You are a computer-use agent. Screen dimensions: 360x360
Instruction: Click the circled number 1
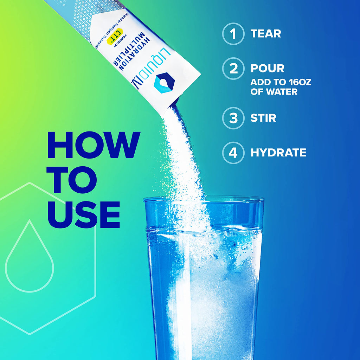pos(233,34)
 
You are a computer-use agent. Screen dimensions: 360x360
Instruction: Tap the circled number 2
pos(233,69)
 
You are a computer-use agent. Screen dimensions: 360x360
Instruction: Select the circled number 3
pos(233,118)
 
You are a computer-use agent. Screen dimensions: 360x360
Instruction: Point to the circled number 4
pos(233,153)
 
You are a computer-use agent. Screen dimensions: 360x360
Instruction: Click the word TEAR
pos(266,34)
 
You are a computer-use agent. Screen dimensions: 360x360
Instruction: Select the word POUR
pos(267,69)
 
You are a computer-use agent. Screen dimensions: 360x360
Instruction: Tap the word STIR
pos(263,118)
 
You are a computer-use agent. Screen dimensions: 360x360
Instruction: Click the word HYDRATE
pos(278,153)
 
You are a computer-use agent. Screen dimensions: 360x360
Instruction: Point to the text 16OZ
pos(299,83)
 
